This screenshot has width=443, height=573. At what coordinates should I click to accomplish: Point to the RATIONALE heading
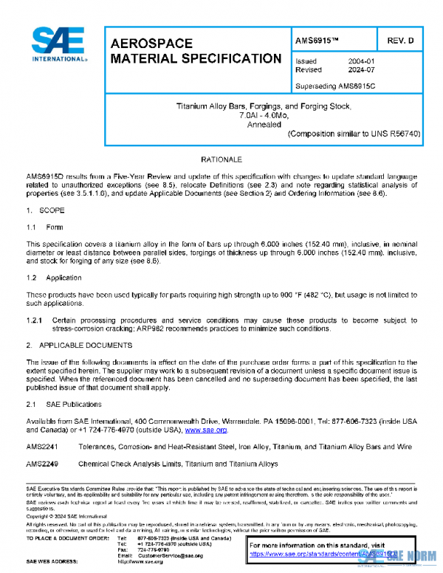pyautogui.click(x=221, y=159)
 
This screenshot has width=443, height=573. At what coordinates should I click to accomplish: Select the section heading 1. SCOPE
pyautogui.click(x=45, y=212)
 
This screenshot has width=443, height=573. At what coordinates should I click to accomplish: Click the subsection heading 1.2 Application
pyautogui.click(x=54, y=278)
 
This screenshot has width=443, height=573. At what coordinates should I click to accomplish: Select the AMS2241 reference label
pyautogui.click(x=41, y=447)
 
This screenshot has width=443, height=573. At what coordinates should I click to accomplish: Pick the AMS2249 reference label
pyautogui.click(x=41, y=464)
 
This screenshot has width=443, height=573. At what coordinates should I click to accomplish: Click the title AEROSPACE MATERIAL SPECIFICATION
pyautogui.click(x=195, y=50)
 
